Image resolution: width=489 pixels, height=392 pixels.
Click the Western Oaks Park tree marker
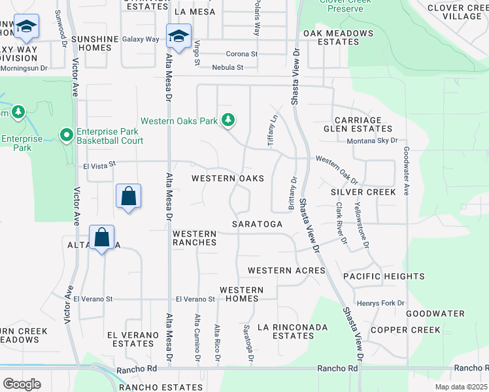(x=228, y=120)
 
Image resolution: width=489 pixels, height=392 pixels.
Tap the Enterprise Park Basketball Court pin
(x=66, y=135)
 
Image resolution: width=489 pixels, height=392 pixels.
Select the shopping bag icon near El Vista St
(x=129, y=197)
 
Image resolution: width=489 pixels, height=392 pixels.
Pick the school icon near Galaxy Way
(x=178, y=37)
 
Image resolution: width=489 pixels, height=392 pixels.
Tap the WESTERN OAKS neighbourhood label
(x=228, y=178)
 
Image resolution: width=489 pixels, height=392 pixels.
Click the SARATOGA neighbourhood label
(x=258, y=224)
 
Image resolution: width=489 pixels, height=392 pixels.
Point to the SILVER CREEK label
(x=363, y=192)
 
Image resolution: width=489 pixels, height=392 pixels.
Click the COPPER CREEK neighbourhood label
(x=405, y=330)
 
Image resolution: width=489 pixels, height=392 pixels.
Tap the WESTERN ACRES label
(x=286, y=270)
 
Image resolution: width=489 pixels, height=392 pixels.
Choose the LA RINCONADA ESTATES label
(x=285, y=331)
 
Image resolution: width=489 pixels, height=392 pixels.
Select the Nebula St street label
(x=228, y=67)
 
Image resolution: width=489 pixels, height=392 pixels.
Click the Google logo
(x=22, y=384)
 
